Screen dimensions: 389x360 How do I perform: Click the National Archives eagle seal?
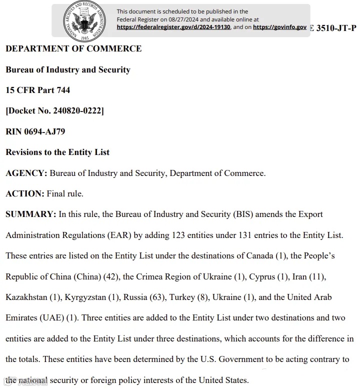pyautogui.click(x=83, y=20)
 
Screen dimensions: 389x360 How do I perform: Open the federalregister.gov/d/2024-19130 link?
pyautogui.click(x=173, y=27)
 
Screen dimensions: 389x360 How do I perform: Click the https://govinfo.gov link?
pyautogui.click(x=279, y=27)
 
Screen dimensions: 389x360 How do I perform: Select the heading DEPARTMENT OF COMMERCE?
pyautogui.click(x=73, y=48)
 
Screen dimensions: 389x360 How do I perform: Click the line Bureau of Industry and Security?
pyautogui.click(x=68, y=69)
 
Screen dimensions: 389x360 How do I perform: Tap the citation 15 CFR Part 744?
pyautogui.click(x=38, y=90)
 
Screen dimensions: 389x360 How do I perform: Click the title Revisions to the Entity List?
pyautogui.click(x=57, y=152)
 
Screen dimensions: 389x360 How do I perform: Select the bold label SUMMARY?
pyautogui.click(x=30, y=214)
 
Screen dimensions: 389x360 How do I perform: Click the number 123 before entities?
pyautogui.click(x=179, y=235)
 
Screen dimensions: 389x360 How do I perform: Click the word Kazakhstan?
pyautogui.click(x=26, y=297)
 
